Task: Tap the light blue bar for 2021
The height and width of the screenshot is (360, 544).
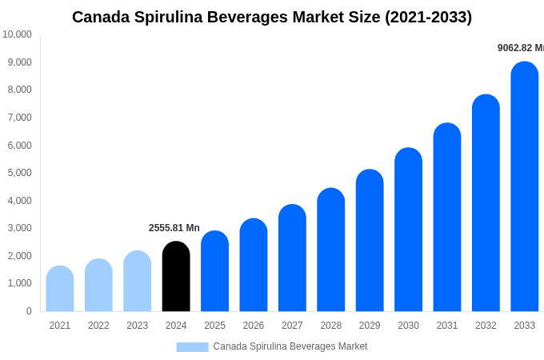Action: tap(60, 289)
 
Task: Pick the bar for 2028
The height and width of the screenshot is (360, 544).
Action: tap(331, 250)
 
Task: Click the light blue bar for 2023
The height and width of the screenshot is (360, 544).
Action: tap(138, 281)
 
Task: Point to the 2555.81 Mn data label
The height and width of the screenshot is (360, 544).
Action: tap(174, 228)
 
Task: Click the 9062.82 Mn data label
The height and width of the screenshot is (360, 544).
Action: tap(520, 48)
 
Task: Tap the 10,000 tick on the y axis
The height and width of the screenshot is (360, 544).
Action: tap(17, 34)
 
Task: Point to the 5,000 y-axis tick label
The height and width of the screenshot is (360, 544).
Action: tap(18, 173)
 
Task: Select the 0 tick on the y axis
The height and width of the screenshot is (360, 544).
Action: tap(29, 311)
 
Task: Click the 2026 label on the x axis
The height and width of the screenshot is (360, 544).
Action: tap(254, 326)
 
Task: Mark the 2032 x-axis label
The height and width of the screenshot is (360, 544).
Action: tap(486, 326)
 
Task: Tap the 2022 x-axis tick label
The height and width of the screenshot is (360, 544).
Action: tap(98, 326)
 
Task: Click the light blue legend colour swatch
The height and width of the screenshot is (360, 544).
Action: tap(192, 347)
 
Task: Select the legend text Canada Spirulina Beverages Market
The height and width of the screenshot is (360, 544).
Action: tap(290, 346)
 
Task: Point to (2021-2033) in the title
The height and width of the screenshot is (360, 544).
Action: tap(429, 17)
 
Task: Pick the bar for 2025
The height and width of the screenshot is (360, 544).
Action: tap(214, 271)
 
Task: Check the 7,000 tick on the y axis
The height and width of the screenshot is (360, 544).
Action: tap(18, 118)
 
